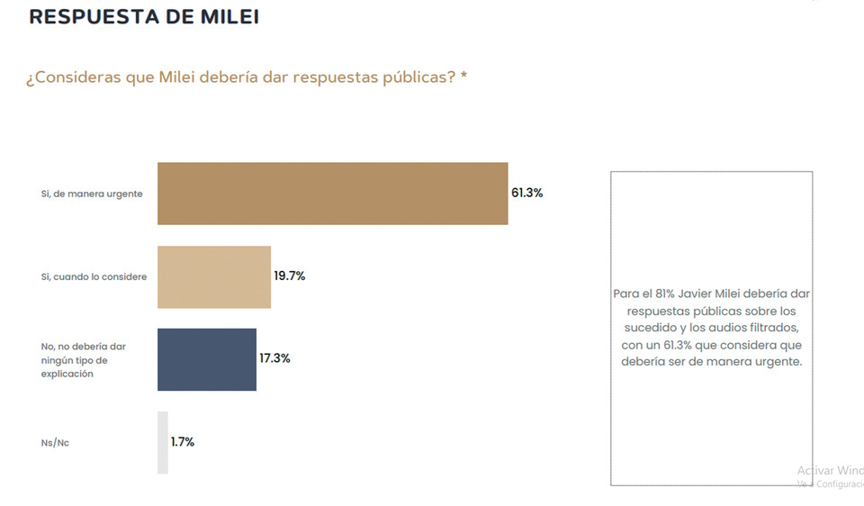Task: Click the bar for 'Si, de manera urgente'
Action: point(333,194)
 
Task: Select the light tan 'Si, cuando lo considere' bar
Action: point(214,276)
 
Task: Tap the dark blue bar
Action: point(207,359)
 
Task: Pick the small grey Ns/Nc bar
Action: point(163,442)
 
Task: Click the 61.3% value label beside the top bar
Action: point(527,194)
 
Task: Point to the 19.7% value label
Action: point(290,276)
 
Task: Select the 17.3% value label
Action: point(274,358)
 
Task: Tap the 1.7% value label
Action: point(183,442)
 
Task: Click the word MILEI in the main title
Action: point(225,17)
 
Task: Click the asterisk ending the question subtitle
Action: point(463,77)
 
